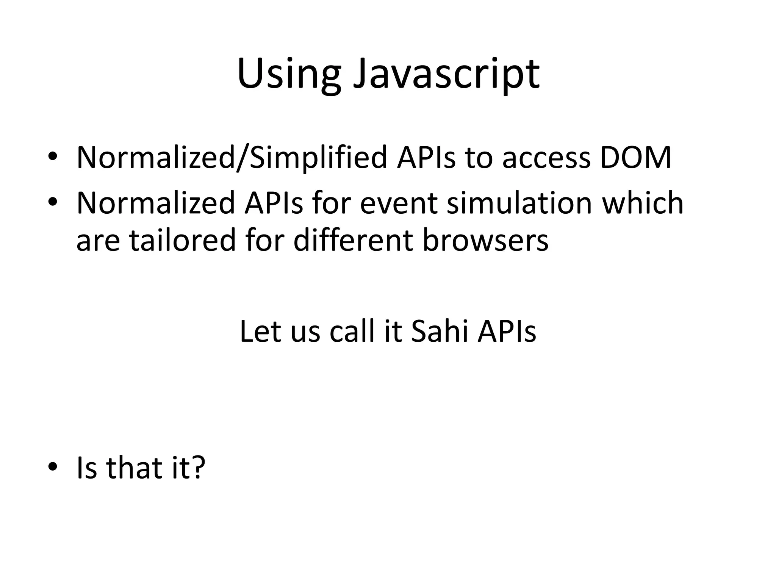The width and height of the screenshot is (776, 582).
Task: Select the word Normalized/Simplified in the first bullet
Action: click(232, 157)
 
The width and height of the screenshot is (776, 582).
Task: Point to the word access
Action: click(546, 157)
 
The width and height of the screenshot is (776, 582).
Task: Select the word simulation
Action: click(519, 203)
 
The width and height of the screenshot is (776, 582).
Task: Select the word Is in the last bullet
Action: click(87, 468)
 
